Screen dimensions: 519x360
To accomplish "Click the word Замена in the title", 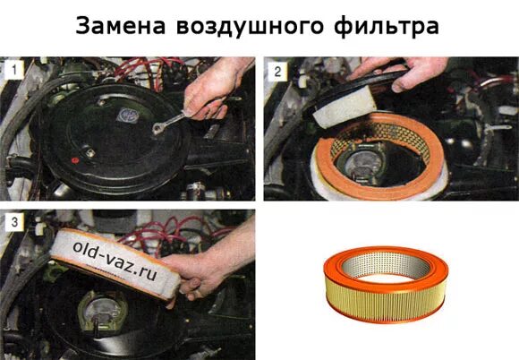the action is [x=121, y=26].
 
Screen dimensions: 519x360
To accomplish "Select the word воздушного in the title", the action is [x=250, y=27].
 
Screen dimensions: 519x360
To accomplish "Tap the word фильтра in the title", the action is [x=387, y=27].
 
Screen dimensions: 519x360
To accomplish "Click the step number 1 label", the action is [x=14, y=70].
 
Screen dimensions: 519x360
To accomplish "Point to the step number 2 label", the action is [x=277, y=72].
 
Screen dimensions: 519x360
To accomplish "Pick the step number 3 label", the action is [x=14, y=221].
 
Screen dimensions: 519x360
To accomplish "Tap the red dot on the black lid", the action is [x=74, y=160].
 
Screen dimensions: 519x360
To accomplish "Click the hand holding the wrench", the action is [x=215, y=88].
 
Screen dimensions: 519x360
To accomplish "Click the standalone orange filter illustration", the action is [x=386, y=284].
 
